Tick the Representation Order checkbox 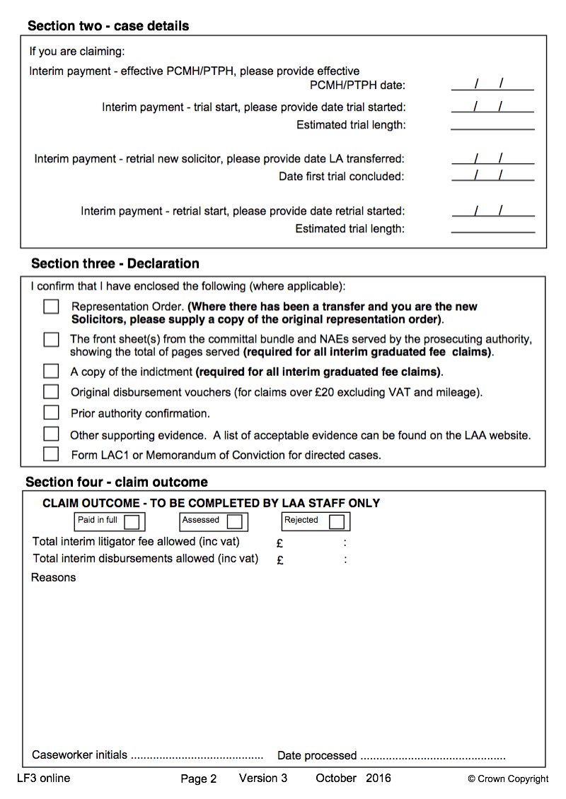tap(51, 307)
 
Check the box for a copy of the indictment tap(51, 371)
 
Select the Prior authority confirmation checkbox tap(51, 413)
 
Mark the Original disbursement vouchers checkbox tap(51, 391)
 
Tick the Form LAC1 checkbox tap(51, 454)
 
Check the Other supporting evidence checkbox tap(51, 434)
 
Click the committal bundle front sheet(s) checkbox tap(51, 339)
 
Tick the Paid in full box tap(132, 522)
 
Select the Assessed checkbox tap(234, 522)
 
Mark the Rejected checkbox tap(337, 522)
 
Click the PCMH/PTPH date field tap(492, 85)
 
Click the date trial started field tap(492, 107)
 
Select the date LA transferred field tap(492, 158)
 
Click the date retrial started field tap(492, 211)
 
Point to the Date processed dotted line tap(432, 757)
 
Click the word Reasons tap(53, 577)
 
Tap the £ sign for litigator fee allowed tap(280, 543)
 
